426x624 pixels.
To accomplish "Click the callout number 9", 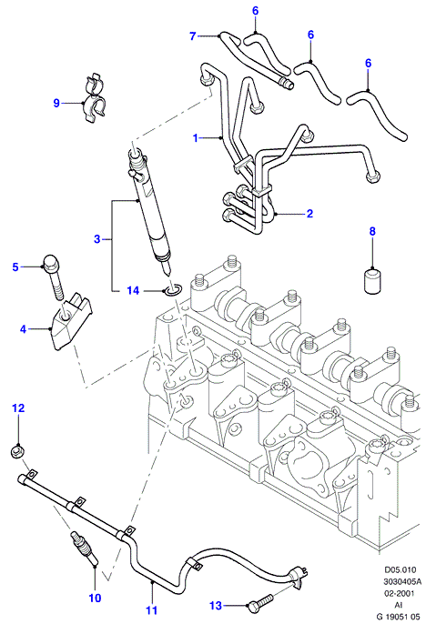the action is click(x=56, y=103).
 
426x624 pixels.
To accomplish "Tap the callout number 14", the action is click(x=134, y=290).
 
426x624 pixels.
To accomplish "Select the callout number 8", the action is click(x=372, y=231).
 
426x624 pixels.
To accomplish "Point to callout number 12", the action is click(x=18, y=408).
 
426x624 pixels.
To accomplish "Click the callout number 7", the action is click(x=193, y=36).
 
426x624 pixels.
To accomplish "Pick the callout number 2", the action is click(x=309, y=213).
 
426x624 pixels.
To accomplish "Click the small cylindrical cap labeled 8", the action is click(x=373, y=281).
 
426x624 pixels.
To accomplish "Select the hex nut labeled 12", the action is click(x=15, y=451).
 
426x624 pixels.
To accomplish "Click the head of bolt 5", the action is click(x=51, y=261).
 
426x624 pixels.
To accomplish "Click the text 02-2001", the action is click(x=399, y=593).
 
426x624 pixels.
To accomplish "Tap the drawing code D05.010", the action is click(x=400, y=569).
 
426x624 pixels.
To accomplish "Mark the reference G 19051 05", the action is click(x=399, y=617).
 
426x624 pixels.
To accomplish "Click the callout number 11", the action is click(x=152, y=609).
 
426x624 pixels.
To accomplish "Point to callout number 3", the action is click(x=97, y=239).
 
